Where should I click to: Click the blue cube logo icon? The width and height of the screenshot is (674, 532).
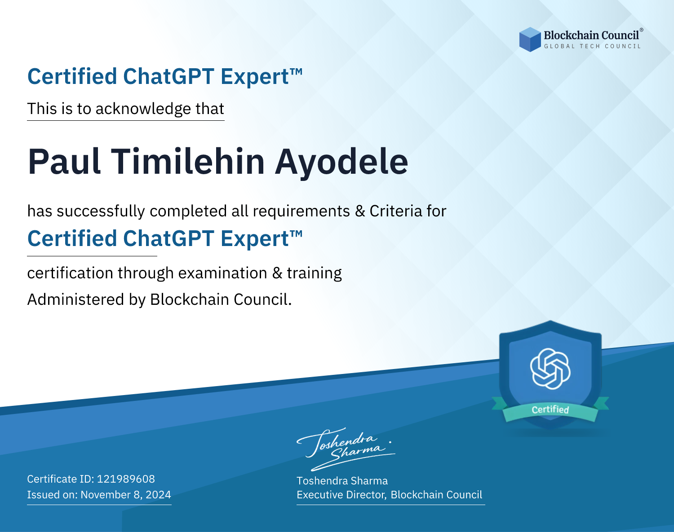click(x=530, y=40)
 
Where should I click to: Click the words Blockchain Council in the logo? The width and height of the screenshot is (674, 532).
click(x=591, y=35)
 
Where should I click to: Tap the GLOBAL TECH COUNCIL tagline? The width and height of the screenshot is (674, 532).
click(x=593, y=46)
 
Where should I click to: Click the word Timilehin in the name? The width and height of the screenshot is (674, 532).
click(x=188, y=162)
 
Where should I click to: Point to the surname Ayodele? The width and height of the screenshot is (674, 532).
click(x=341, y=163)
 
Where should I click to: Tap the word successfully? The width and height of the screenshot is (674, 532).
click(x=101, y=211)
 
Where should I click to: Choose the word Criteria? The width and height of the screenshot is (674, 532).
click(x=395, y=211)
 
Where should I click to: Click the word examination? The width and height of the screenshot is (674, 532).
click(x=223, y=273)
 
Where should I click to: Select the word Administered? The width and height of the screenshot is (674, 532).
click(x=76, y=299)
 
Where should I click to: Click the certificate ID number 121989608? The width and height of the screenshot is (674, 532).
click(x=126, y=479)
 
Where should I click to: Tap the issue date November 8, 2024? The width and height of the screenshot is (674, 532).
click(x=126, y=495)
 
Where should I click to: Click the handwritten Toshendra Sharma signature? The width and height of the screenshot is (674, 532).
click(x=346, y=449)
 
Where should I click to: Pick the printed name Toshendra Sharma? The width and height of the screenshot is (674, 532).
click(x=342, y=481)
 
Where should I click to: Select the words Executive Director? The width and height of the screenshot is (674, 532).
click(x=341, y=495)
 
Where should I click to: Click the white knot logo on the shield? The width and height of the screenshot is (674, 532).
click(x=550, y=369)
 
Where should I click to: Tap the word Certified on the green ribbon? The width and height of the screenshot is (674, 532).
click(x=550, y=409)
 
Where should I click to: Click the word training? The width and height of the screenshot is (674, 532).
click(x=314, y=273)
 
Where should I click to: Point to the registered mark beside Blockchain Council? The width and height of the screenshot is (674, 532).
click(x=641, y=30)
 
